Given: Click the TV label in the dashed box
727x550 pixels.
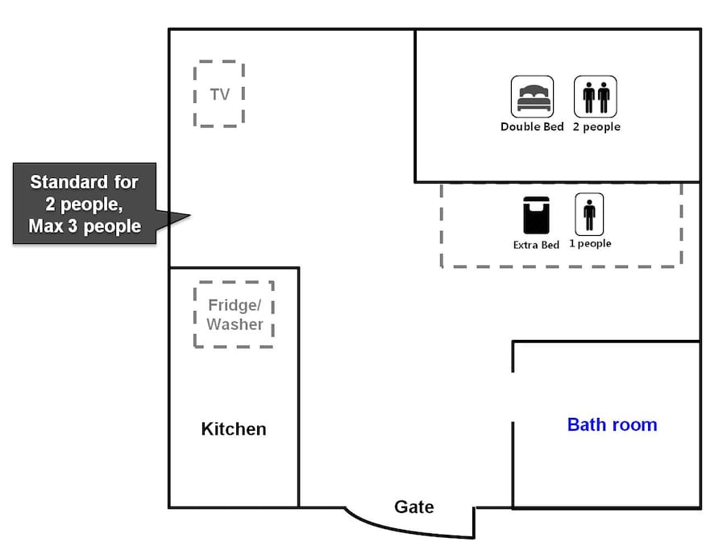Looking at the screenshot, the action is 220,94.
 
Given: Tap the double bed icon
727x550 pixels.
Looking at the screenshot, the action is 532,97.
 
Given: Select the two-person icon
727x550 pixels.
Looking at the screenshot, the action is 596,97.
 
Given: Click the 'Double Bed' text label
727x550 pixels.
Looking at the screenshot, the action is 532,126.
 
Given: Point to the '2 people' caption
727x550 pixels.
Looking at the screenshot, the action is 596,127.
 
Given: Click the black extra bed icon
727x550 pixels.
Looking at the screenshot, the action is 537,215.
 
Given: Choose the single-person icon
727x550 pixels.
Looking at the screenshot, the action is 589,214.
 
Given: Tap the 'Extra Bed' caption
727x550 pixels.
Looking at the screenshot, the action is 537,245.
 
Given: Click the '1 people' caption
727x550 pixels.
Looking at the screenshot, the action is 590,244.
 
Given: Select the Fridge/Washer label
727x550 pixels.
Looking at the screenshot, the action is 235,315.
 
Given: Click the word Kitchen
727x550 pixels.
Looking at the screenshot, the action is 234,429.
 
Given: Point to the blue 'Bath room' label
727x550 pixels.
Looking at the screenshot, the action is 612,424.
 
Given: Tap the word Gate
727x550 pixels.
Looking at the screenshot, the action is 414,507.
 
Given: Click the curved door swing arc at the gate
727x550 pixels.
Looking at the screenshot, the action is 403,531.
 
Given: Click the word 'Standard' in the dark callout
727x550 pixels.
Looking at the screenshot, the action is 69,182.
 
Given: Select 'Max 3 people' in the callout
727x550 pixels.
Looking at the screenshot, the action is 85,226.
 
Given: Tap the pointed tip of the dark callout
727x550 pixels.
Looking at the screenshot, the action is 190,215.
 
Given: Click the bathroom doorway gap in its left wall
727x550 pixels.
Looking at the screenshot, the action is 513,397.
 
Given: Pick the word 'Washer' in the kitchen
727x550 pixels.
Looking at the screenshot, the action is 235,325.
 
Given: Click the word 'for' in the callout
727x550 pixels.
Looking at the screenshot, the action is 126,182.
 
